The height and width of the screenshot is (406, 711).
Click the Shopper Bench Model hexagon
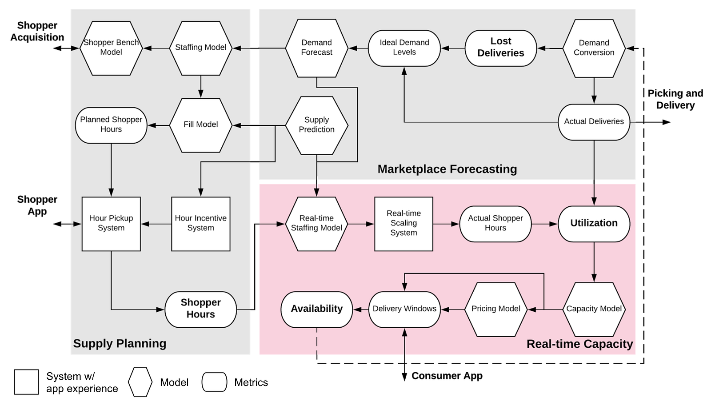click(111, 48)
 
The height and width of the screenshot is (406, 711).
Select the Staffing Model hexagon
click(201, 48)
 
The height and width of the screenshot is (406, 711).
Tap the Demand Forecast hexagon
click(316, 48)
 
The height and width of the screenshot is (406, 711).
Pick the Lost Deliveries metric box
click(501, 48)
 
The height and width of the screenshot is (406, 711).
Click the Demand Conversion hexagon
click(594, 48)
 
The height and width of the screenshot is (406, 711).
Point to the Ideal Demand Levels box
click(404, 48)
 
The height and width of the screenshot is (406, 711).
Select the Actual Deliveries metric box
click(594, 122)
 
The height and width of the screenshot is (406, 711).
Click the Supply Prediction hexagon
click(316, 125)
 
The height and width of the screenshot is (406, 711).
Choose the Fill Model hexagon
click(201, 125)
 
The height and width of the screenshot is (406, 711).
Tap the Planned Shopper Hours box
click(111, 125)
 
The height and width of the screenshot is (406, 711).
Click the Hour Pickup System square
click(111, 224)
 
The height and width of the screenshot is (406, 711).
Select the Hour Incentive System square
click(201, 224)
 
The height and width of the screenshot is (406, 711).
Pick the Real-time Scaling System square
click(403, 224)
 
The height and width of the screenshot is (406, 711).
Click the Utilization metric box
click(594, 224)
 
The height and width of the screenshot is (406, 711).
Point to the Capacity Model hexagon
click(594, 309)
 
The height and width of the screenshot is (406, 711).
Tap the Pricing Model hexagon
click(496, 309)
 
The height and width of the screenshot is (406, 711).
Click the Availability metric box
click(316, 309)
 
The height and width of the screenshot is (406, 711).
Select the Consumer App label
click(447, 376)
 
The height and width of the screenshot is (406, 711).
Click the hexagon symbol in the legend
click(140, 382)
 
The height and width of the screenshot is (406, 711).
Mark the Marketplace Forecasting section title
click(447, 169)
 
